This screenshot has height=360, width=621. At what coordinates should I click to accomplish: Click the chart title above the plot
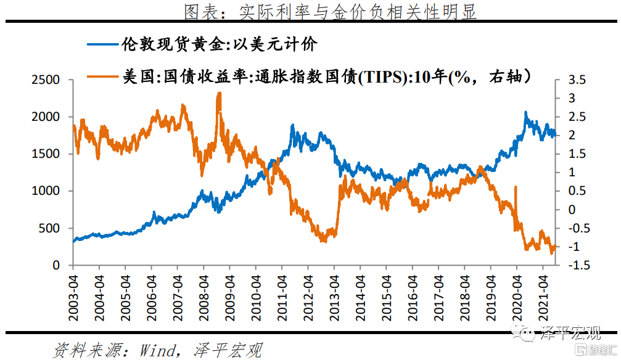(331, 12)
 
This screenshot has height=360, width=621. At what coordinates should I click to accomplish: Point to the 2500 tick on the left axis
(46, 80)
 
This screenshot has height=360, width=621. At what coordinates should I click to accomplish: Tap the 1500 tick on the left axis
(46, 154)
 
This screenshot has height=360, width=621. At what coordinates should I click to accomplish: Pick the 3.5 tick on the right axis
(575, 80)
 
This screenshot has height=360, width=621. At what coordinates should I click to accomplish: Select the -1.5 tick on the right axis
(576, 265)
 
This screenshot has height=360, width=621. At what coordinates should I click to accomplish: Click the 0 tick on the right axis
(570, 210)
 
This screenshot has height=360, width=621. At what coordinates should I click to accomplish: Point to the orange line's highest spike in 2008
(219, 94)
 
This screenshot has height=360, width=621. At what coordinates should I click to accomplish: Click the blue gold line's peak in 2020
(525, 113)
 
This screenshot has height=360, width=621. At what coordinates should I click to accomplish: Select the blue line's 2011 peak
(292, 126)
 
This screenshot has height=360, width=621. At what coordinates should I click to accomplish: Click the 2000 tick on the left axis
(46, 117)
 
